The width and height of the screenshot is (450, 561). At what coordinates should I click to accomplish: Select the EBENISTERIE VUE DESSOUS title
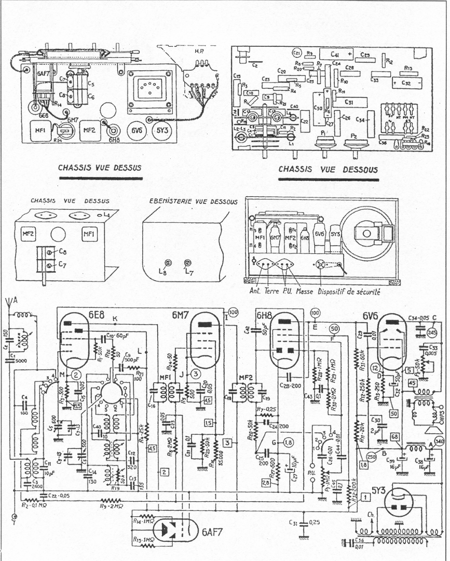[189, 201]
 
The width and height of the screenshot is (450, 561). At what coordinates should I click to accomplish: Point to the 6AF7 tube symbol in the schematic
[171, 529]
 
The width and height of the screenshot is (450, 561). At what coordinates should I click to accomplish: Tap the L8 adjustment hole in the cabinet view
[168, 263]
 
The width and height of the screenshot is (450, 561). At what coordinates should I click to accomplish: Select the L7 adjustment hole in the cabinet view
[187, 262]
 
